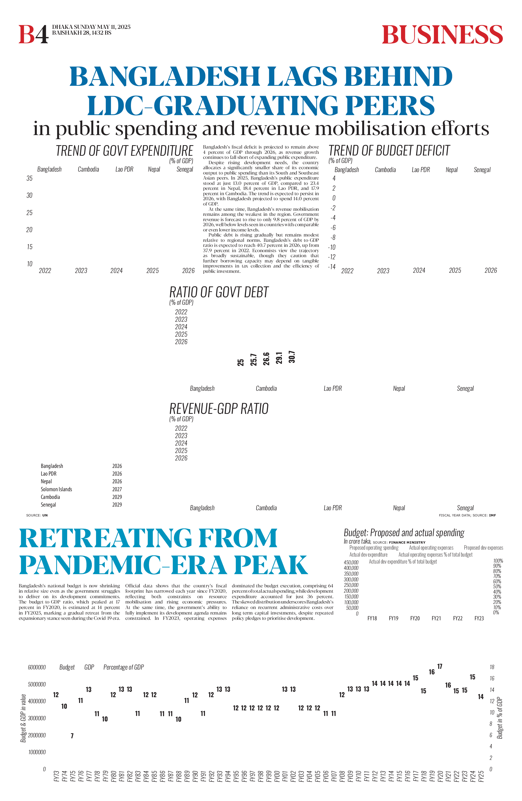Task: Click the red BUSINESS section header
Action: (x=442, y=35)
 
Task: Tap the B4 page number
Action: (x=33, y=35)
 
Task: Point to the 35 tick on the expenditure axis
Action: (x=30, y=178)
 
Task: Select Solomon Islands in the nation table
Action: (x=56, y=489)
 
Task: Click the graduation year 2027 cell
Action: (x=117, y=489)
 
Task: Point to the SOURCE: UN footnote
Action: (x=37, y=515)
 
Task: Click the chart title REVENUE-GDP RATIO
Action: (x=219, y=409)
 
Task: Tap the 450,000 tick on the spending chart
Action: (x=351, y=562)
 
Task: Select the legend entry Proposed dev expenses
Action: (x=483, y=548)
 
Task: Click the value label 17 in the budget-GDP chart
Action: (x=439, y=666)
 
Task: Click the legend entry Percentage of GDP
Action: (x=124, y=667)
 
